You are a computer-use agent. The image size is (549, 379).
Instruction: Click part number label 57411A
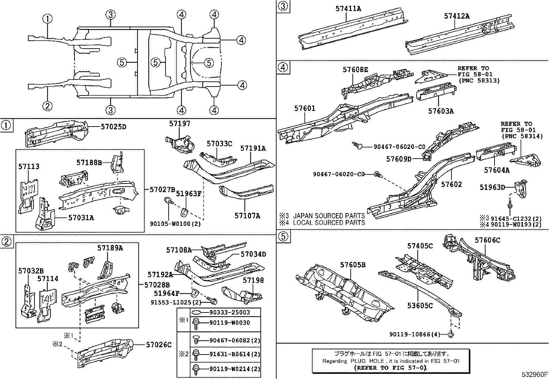click(348, 9)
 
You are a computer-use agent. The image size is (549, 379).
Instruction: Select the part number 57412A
click(457, 16)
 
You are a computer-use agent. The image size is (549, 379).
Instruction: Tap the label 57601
click(305, 108)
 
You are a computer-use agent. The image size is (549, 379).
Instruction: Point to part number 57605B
click(353, 265)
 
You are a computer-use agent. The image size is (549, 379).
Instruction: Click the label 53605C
click(420, 306)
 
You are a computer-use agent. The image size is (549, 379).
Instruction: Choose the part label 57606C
click(488, 240)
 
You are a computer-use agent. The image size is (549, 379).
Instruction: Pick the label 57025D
click(113, 127)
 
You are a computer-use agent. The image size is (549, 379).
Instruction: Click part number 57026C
click(159, 345)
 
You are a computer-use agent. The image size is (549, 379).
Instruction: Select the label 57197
click(180, 123)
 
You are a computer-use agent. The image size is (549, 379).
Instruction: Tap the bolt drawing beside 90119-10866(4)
click(451, 334)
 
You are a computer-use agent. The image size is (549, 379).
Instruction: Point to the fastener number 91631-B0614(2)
click(234, 354)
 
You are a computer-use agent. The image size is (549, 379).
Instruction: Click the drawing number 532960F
click(535, 374)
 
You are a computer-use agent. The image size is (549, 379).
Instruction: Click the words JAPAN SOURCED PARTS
click(329, 216)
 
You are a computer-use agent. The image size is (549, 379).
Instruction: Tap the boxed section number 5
click(283, 236)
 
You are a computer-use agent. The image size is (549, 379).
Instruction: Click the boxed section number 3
click(283, 6)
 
